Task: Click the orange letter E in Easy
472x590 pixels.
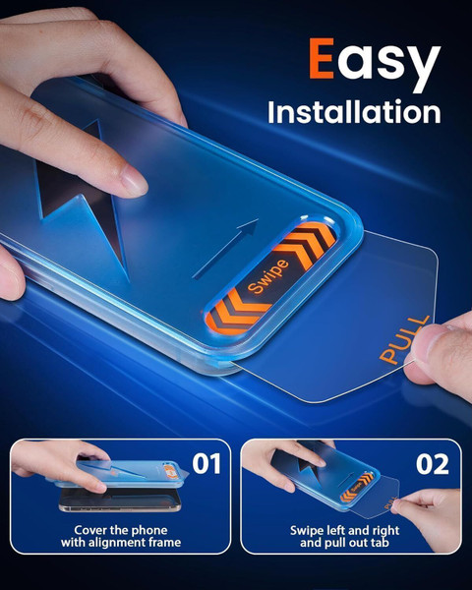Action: click(322, 58)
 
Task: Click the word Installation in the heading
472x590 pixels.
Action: click(354, 112)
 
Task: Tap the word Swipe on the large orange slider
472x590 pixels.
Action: click(268, 276)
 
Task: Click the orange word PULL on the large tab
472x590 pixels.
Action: click(404, 340)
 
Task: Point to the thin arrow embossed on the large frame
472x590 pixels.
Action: click(225, 249)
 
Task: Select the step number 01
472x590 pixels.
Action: click(206, 463)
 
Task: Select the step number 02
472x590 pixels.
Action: click(433, 464)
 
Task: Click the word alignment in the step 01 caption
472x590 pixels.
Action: click(116, 543)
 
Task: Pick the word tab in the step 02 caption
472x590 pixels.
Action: click(381, 543)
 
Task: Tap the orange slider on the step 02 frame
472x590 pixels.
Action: click(357, 487)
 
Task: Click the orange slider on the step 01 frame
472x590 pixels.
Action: click(170, 471)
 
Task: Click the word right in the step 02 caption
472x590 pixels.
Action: click(385, 531)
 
